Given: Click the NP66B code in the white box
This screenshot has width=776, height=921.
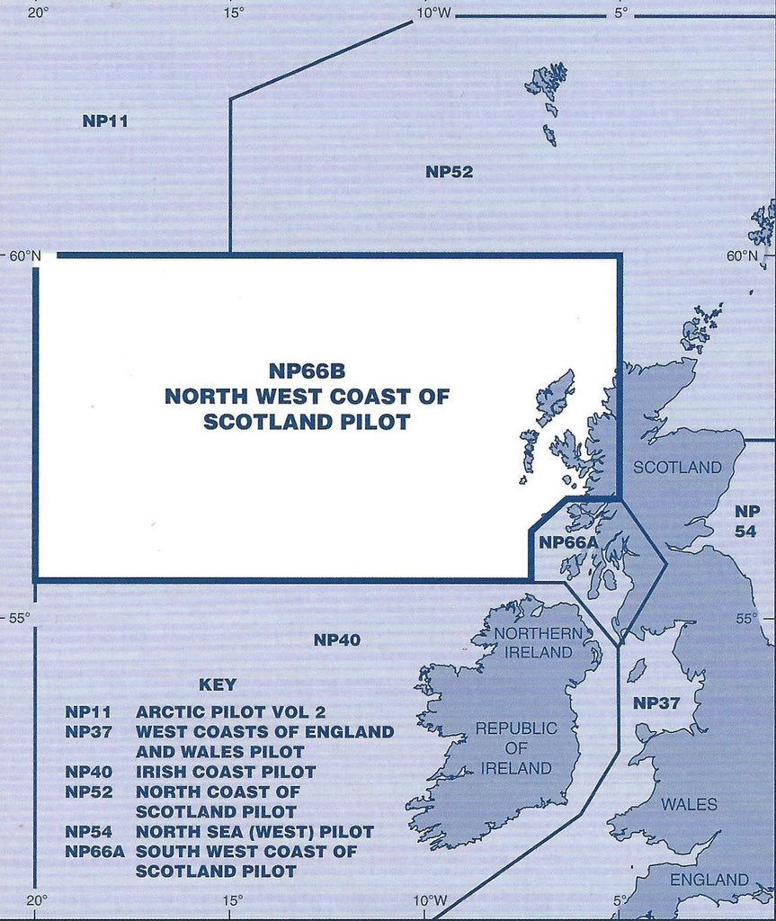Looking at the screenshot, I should point(307,371).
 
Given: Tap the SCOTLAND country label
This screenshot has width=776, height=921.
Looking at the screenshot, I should point(677,467).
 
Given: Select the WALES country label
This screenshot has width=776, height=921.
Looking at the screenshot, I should point(689,803).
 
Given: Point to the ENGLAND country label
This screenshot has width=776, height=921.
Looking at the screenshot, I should point(709,879).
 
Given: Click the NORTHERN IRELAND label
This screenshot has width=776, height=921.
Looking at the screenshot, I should point(533,642).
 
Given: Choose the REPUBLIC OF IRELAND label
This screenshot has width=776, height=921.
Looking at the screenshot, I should point(515,748).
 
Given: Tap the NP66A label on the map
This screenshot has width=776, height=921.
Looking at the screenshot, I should point(568,542).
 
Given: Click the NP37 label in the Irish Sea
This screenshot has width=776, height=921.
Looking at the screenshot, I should point(656,702).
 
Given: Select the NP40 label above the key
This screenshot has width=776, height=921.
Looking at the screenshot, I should point(337,640).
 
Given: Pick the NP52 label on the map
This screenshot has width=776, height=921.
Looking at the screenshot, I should point(449,172).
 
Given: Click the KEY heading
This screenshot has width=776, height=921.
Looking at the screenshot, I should point(217,684).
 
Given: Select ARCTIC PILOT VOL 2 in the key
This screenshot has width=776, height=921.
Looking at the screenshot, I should point(230,711).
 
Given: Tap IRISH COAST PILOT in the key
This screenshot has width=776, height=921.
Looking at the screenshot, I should point(226,772).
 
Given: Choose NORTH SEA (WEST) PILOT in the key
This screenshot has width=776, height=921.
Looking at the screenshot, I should point(254,832).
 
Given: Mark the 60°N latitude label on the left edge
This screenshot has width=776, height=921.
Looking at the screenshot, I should point(25,255).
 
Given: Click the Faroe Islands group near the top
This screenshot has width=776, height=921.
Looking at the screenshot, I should point(547,88).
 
